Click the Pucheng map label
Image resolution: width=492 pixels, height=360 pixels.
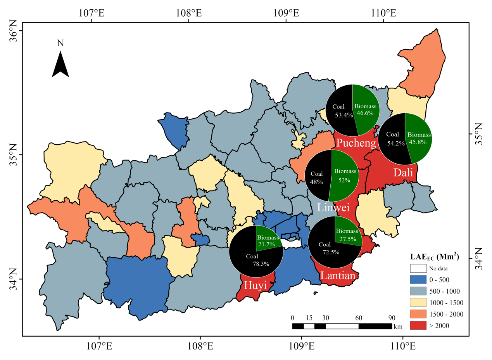click(x=356, y=143)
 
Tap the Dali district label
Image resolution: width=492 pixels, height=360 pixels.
click(x=403, y=172)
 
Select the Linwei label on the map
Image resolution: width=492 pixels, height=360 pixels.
click(x=333, y=207)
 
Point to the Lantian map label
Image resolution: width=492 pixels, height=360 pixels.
click(x=338, y=276)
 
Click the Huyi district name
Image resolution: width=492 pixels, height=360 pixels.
click(x=255, y=286)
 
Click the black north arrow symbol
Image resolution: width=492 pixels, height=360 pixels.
click(x=60, y=64)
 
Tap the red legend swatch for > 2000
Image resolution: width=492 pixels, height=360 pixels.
click(x=418, y=326)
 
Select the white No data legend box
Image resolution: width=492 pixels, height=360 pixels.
click(x=418, y=268)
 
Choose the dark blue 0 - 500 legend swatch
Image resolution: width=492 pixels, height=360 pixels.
click(x=418, y=279)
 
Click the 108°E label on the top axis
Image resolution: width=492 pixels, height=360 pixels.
click(x=188, y=12)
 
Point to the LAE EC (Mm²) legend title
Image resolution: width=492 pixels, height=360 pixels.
click(x=434, y=256)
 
